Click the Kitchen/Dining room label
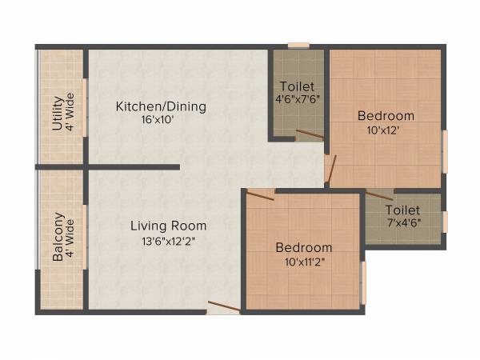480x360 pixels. [x=161, y=106]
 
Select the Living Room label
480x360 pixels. [x=168, y=226]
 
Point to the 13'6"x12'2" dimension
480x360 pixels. [x=168, y=239]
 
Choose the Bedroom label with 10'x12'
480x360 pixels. [x=386, y=115]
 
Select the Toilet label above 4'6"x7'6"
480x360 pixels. [x=297, y=86]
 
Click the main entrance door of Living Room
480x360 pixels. [x=222, y=306]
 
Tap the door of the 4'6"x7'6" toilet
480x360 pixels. [x=309, y=134]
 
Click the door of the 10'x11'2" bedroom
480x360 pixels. [x=260, y=192]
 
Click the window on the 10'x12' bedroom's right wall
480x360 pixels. [x=445, y=150]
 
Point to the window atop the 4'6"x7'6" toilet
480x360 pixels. [x=298, y=46]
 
